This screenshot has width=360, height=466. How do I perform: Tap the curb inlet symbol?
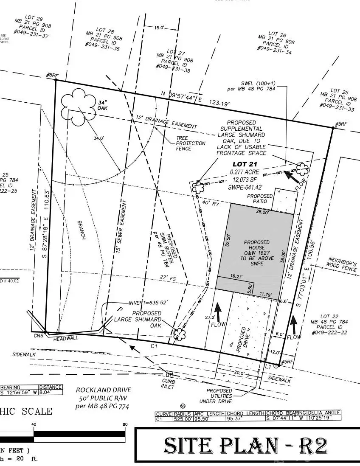[170, 374]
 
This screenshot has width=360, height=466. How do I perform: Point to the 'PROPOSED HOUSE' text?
[254, 245]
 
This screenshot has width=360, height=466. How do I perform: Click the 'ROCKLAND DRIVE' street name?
[104, 390]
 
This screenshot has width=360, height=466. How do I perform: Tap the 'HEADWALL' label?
[63, 340]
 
